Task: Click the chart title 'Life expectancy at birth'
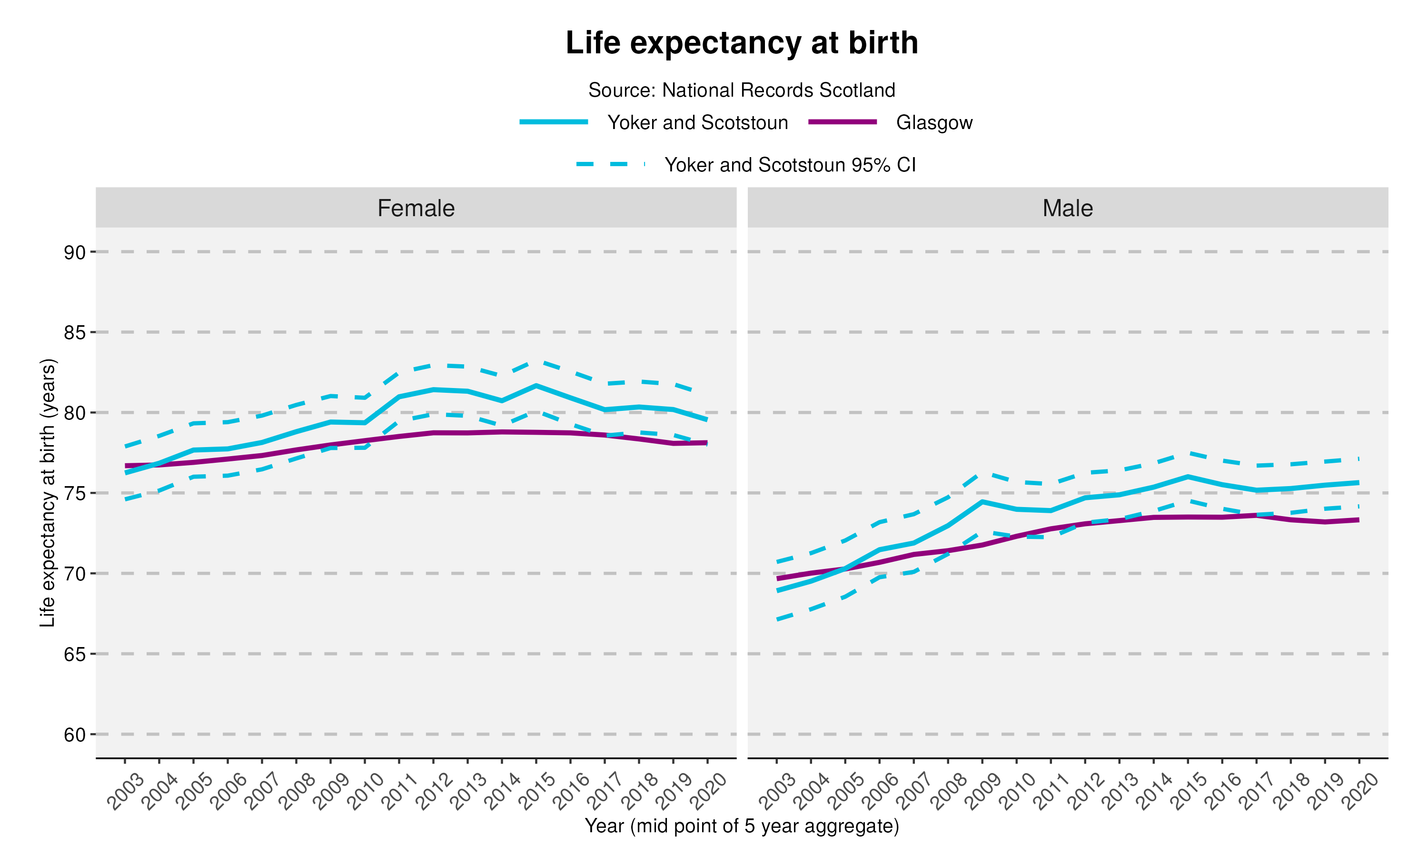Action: pos(741,43)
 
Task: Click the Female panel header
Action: pos(416,208)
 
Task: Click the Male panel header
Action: pos(1067,208)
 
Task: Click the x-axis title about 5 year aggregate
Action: pos(741,826)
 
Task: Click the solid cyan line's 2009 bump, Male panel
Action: pos(982,501)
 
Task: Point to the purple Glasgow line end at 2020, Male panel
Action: pos(1358,520)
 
